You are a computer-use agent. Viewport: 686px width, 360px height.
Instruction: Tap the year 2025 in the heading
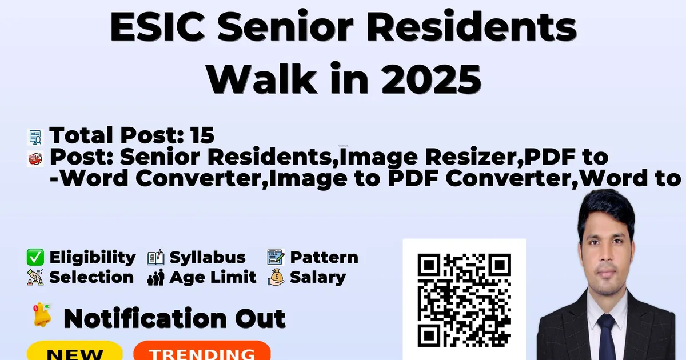click(x=431, y=79)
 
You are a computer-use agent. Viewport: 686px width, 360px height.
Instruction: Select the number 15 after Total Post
click(x=202, y=135)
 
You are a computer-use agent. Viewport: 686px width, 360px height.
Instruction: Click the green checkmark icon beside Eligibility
click(x=35, y=257)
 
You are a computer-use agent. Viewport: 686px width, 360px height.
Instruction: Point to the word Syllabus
click(x=208, y=258)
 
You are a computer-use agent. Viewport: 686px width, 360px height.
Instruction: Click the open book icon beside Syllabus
click(x=155, y=258)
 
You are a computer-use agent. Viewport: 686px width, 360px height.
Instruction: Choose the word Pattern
click(x=324, y=257)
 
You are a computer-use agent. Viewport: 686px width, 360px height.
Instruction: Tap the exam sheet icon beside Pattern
click(x=276, y=257)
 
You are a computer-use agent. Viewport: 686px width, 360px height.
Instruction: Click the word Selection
click(x=91, y=277)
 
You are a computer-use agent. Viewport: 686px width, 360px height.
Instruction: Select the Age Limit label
click(x=213, y=278)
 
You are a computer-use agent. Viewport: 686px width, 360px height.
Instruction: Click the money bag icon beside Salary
click(x=276, y=277)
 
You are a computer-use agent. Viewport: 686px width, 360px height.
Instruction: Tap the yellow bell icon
click(x=42, y=315)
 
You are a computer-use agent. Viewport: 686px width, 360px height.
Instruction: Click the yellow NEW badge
click(x=75, y=351)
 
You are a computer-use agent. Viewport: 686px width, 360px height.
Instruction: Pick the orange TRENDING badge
click(x=202, y=351)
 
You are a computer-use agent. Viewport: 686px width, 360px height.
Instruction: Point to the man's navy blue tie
click(x=607, y=337)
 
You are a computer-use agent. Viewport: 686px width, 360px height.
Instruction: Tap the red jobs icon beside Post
click(x=35, y=159)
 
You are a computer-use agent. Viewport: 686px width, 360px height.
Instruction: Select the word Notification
click(x=145, y=318)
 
